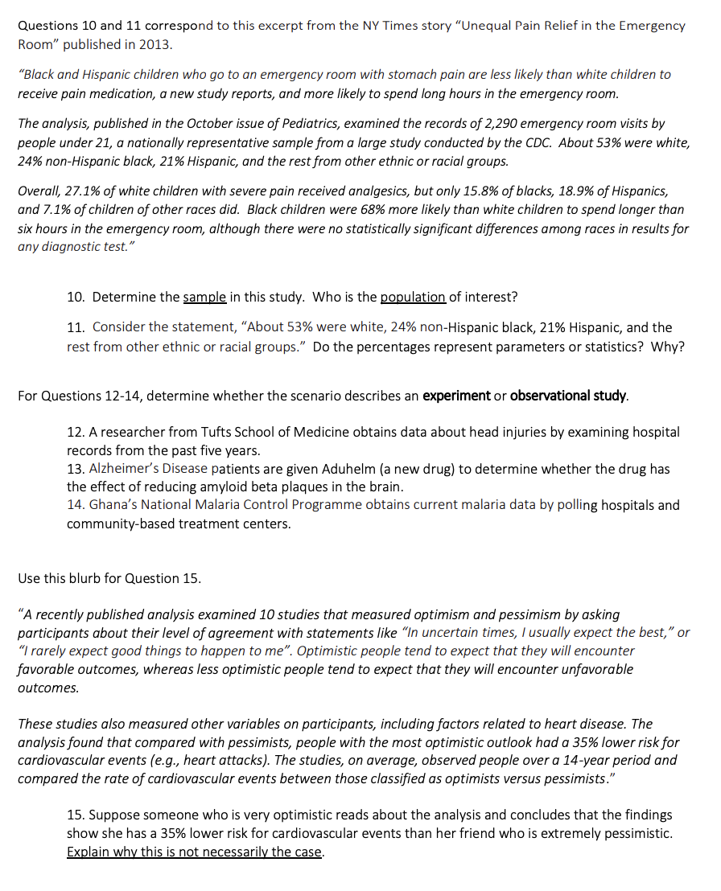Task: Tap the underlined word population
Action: (x=412, y=298)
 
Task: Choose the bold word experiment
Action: (x=456, y=396)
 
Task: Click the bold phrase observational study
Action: (x=568, y=396)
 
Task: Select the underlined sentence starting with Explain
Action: (x=195, y=852)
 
